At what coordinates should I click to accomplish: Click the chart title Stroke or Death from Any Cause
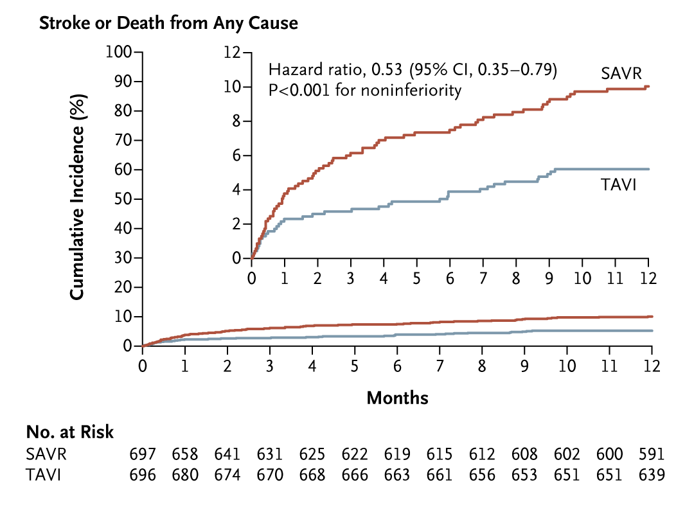click(168, 24)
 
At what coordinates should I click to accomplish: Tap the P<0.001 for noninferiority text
click(364, 91)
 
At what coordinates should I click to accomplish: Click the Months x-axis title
click(397, 398)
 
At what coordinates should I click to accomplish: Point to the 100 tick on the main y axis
click(119, 52)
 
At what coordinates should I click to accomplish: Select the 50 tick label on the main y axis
click(122, 199)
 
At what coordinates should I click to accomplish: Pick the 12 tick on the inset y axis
click(233, 52)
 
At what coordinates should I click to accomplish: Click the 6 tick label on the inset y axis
click(236, 155)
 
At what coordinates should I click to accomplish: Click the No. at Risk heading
click(69, 432)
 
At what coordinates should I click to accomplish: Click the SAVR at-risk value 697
click(143, 454)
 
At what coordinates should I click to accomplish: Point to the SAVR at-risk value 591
click(651, 454)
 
